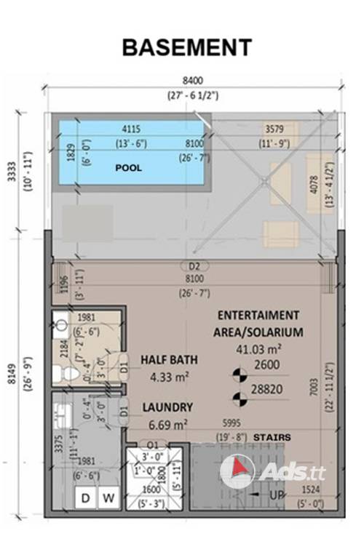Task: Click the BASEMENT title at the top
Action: tap(186, 47)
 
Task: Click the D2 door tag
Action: tap(194, 266)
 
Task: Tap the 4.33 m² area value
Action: tap(169, 377)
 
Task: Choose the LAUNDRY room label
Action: tap(167, 407)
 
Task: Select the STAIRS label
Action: tap(273, 438)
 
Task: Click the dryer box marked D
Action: tap(86, 498)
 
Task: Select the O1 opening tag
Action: tap(152, 445)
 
